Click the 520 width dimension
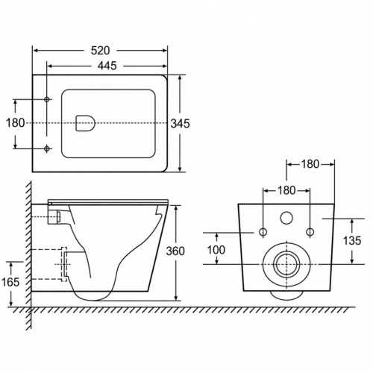(100, 51)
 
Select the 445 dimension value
(107, 66)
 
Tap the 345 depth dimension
(181, 124)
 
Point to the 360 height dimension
(175, 251)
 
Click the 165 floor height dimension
(10, 282)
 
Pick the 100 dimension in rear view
(216, 250)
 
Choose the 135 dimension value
(352, 241)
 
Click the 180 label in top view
(16, 123)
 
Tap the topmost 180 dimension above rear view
(310, 164)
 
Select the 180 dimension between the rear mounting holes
(286, 190)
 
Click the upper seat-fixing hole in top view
(47, 99)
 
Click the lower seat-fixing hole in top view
(47, 148)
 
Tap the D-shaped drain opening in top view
(86, 123)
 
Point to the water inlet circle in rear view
(286, 218)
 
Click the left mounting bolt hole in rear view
(263, 232)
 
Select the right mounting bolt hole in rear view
(310, 232)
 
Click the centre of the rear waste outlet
(286, 264)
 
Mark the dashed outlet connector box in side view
(64, 264)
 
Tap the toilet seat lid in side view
(108, 201)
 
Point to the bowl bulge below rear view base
(286, 295)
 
